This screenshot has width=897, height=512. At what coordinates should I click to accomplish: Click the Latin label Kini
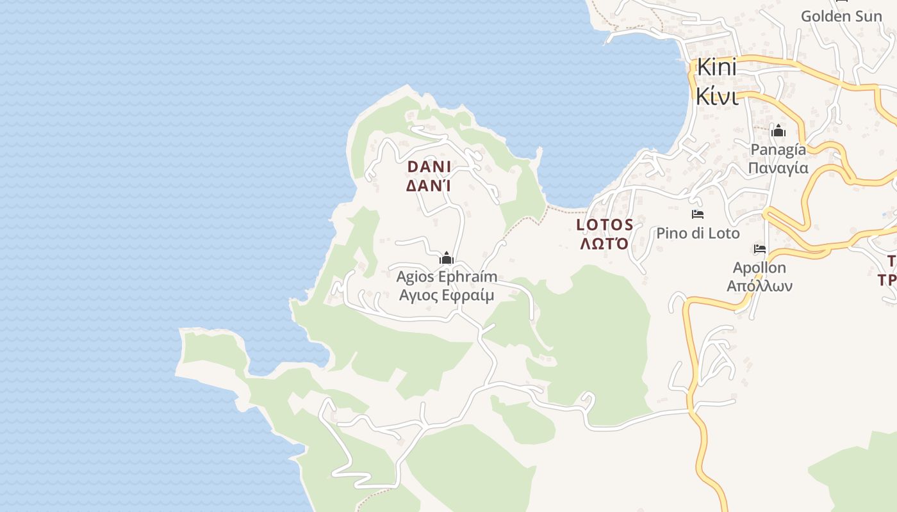(x=716, y=68)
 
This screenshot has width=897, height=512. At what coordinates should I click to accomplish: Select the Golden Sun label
(x=841, y=16)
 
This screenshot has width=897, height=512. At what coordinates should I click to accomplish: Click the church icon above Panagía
(x=778, y=131)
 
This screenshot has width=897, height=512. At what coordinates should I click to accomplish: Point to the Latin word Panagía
(x=778, y=150)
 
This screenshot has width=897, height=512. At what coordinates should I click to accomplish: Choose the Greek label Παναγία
(x=778, y=168)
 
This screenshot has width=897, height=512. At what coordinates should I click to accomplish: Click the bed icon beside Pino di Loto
(x=698, y=214)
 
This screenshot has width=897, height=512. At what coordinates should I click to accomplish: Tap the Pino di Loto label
(x=698, y=233)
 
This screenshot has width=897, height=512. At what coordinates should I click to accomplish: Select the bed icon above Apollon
(x=760, y=249)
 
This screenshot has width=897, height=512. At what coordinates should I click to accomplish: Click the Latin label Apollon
(x=759, y=268)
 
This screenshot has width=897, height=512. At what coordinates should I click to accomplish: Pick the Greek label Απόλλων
(x=759, y=285)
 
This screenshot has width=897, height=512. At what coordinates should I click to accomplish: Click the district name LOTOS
(x=605, y=225)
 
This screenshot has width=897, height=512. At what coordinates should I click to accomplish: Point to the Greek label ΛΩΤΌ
(x=605, y=244)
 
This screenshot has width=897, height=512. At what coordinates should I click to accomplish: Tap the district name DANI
(x=429, y=167)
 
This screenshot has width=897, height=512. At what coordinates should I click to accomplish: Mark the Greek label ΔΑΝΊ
(x=429, y=186)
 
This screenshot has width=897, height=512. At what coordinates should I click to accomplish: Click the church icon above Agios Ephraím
(x=447, y=259)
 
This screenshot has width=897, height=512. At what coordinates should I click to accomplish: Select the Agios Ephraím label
(x=447, y=277)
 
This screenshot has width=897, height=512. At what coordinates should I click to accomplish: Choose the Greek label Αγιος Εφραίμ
(x=447, y=295)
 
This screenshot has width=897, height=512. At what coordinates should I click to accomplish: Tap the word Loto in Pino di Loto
(x=724, y=233)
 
